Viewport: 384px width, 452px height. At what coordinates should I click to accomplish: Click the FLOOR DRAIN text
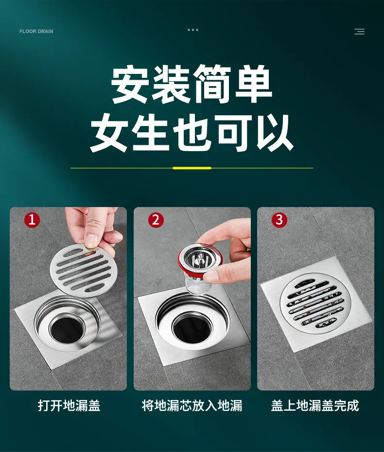(x=36, y=32)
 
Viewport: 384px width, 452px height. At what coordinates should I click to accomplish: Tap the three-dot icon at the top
(x=193, y=30)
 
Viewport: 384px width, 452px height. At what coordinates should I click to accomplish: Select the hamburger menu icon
(x=359, y=32)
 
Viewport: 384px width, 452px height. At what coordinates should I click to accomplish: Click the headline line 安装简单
(x=192, y=85)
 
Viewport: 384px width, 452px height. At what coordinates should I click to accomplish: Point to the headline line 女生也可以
(x=192, y=133)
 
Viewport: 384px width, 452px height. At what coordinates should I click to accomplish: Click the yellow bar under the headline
(x=192, y=168)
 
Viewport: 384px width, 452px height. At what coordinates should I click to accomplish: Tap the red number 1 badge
(x=32, y=220)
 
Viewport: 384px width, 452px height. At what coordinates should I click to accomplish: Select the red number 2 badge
(x=156, y=220)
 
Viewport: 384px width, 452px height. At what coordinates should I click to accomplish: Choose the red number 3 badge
(x=279, y=220)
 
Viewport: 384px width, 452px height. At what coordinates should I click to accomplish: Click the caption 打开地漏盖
(x=69, y=406)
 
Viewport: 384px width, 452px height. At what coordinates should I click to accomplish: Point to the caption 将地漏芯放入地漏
(x=192, y=406)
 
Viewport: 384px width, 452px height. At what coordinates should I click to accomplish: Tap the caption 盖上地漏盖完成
(x=315, y=406)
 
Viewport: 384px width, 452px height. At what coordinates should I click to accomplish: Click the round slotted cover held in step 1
(x=82, y=271)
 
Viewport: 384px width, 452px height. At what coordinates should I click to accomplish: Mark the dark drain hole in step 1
(x=67, y=330)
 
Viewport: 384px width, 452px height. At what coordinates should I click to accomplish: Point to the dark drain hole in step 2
(x=192, y=326)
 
